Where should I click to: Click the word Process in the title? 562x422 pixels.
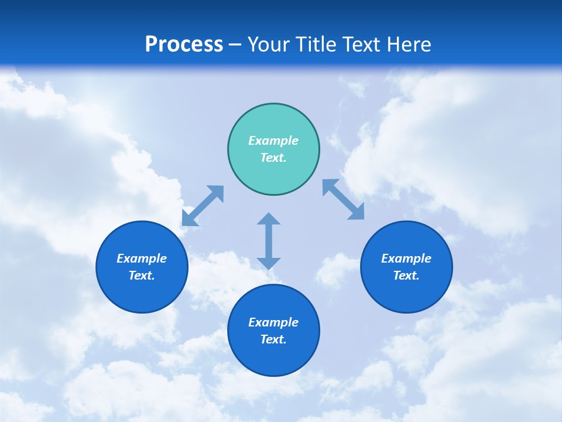point(184,45)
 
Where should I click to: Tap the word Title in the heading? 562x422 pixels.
point(317,45)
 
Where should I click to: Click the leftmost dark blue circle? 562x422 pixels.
point(142,267)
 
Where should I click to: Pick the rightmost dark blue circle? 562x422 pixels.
point(406,267)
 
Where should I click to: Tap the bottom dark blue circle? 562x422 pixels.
point(273,331)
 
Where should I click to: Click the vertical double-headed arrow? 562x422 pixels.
point(269,241)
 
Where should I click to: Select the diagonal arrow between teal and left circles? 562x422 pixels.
point(203,206)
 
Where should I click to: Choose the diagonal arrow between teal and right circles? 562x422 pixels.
point(344,199)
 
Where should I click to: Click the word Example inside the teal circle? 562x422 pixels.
point(273,141)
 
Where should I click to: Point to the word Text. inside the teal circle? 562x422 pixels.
point(273,158)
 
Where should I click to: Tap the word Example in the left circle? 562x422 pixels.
point(142,258)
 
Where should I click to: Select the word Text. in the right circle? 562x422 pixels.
point(406,275)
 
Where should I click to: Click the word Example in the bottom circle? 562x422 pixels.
point(273,322)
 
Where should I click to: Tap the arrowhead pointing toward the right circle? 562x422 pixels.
point(357,212)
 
